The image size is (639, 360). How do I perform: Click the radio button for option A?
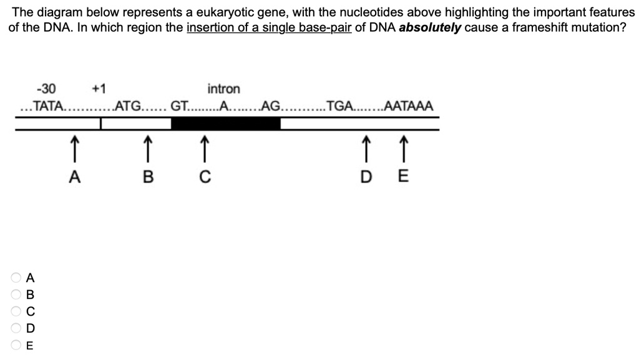(x=15, y=277)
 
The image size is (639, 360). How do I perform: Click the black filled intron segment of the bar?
(x=225, y=124)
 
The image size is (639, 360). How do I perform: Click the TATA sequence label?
(x=48, y=106)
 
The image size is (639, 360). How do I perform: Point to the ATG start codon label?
(x=129, y=106)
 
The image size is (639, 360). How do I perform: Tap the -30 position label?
(x=46, y=89)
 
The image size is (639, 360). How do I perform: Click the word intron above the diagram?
(x=223, y=89)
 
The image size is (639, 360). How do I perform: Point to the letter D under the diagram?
(x=367, y=177)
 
